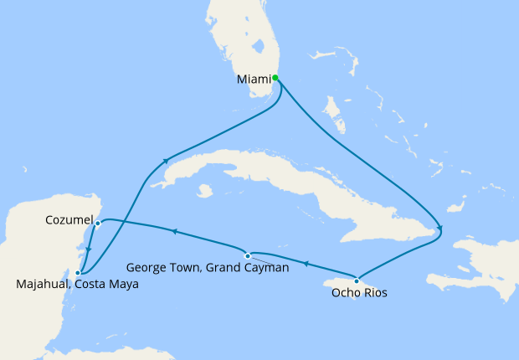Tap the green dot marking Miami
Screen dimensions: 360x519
[275, 78]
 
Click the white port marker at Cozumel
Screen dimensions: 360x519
[98, 224]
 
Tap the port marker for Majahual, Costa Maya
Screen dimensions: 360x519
[78, 272]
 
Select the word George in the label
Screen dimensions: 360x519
[146, 268]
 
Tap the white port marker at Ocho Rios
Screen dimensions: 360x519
[357, 280]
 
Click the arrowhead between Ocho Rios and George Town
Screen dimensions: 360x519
[306, 264]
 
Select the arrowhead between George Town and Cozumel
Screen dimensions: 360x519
[173, 231]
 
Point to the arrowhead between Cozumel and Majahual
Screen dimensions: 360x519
[88, 248]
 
